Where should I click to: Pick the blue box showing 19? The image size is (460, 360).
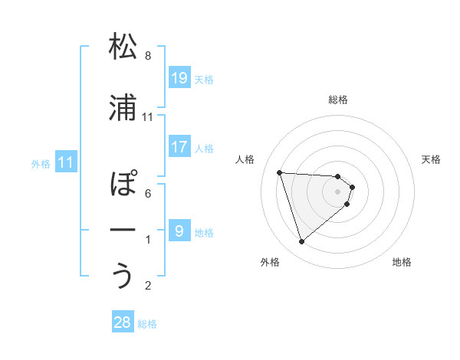click(179, 77)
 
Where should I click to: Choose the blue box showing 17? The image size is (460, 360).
click(179, 146)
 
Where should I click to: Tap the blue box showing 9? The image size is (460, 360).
click(179, 231)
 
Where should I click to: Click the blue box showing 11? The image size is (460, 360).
click(67, 162)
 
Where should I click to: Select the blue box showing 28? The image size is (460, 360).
click(123, 322)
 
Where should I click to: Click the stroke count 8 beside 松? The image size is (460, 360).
click(148, 56)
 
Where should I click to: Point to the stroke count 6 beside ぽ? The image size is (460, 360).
click(148, 194)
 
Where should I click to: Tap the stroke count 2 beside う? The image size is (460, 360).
click(148, 286)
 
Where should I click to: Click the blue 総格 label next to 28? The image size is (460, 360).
click(147, 324)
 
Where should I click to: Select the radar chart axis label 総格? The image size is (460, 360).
click(338, 100)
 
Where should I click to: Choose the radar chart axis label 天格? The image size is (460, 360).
click(431, 159)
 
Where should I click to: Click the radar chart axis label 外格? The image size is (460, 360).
click(270, 262)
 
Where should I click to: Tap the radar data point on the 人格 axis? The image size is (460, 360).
click(280, 172)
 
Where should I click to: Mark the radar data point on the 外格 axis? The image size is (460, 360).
click(302, 242)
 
